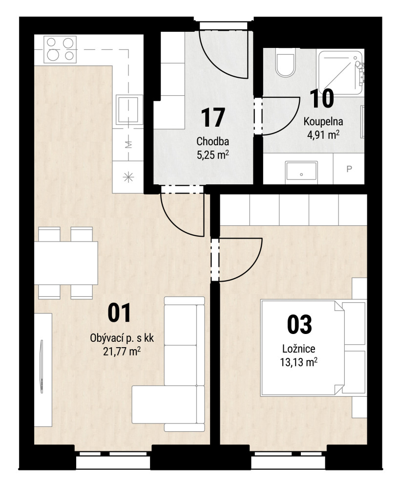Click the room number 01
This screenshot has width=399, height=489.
click(x=119, y=313)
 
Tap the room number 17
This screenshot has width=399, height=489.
click(x=213, y=117)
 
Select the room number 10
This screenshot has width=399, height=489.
click(x=322, y=98)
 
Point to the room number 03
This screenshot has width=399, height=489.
click(x=299, y=324)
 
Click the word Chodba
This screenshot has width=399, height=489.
click(x=213, y=141)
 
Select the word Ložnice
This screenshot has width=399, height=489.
click(x=299, y=348)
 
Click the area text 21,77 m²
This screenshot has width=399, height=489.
click(x=122, y=352)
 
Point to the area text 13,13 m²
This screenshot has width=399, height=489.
click(x=299, y=362)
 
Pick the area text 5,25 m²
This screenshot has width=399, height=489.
click(x=213, y=155)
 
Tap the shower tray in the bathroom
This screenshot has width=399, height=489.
click(x=341, y=73)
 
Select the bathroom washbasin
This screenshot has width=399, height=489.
click(x=301, y=171)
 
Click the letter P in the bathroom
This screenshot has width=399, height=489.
click(x=349, y=169)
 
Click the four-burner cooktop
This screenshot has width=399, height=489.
click(x=60, y=49)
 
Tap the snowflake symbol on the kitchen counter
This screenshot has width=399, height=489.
click(x=128, y=178)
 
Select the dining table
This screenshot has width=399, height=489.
click(x=66, y=263)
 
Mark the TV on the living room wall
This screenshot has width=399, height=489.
click(x=41, y=367)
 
